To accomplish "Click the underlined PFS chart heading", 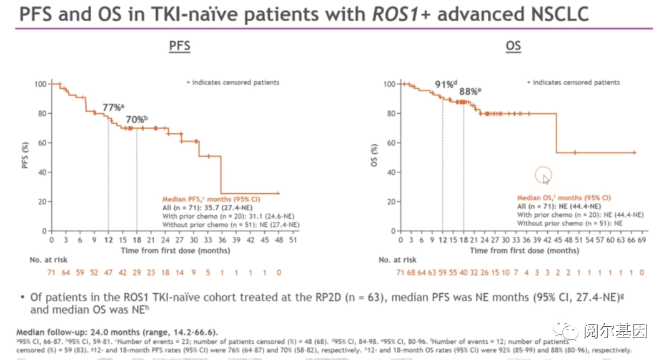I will pos(179,46).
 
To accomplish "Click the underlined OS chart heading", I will pos(513,46).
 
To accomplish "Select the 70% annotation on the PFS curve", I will pos(136,119).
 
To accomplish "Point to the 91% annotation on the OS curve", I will pos(446,84).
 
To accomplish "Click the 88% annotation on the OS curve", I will pos(470,91).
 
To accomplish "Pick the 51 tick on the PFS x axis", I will pos(292,239).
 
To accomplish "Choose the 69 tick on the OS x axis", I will pos(642,239).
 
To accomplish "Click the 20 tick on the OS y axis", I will pos(389,201).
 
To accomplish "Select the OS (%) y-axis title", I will pos(375,157).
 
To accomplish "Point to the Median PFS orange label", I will pos(194,198).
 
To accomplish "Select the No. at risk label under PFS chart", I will pos(49,259).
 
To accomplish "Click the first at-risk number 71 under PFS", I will pos(52,272).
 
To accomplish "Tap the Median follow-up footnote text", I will pos(109,332).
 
